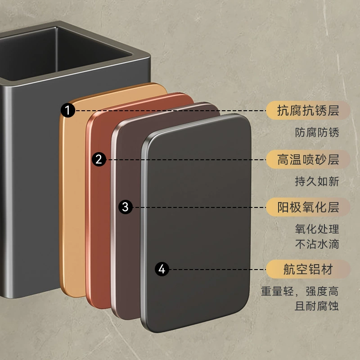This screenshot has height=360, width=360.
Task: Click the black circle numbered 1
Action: tap(68, 110)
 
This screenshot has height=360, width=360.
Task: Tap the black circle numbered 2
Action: tap(99, 159)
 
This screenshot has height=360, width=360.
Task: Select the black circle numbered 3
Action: tap(126, 207)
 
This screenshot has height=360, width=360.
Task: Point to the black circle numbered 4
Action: tap(162, 269)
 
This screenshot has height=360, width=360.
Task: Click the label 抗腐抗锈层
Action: tap(308, 110)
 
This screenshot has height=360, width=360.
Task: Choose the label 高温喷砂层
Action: tap(308, 160)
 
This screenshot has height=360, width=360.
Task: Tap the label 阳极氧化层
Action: tap(308, 207)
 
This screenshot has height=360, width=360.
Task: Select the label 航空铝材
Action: tap(308, 269)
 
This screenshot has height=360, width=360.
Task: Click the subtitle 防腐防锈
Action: tap(317, 132)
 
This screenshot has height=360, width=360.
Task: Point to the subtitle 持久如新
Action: tap(317, 181)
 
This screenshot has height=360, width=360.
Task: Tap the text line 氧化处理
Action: tap(317, 229)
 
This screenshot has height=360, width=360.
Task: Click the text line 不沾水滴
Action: tap(317, 244)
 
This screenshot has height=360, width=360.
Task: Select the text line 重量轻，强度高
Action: tap(300, 291)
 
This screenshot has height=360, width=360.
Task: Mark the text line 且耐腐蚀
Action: tap(317, 306)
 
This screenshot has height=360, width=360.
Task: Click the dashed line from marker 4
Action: tap(218, 269)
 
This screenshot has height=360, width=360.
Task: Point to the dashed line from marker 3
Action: tap(199, 207)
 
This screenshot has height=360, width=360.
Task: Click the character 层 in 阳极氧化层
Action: tap(333, 207)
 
